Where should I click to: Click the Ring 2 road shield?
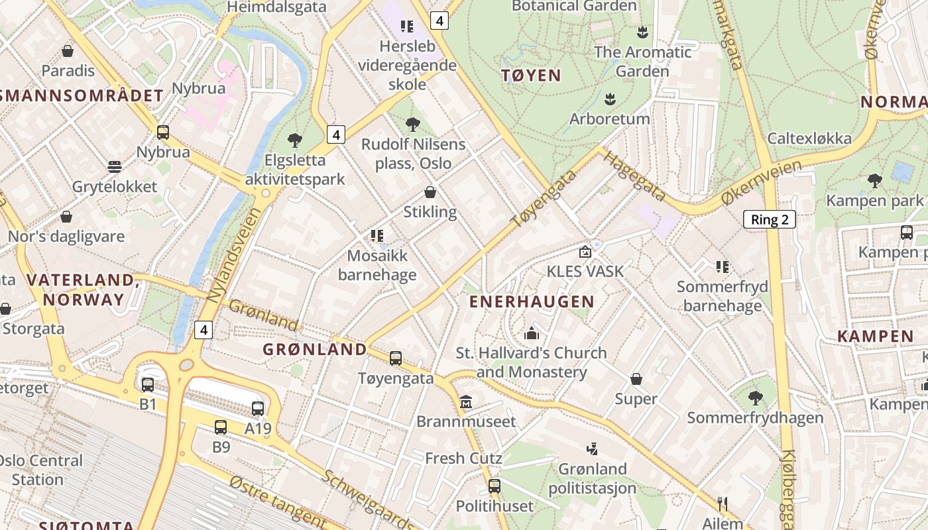tap(769, 219)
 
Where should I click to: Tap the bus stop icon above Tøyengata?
tap(396, 358)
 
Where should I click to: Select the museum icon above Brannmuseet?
tap(466, 402)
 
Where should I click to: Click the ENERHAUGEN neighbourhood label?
tap(532, 302)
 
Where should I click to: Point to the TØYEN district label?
tap(531, 76)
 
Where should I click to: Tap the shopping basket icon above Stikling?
tap(430, 193)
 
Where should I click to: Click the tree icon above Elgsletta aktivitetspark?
tap(295, 140)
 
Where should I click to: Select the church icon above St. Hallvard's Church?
tap(532, 333)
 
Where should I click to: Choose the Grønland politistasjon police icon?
tap(592, 449)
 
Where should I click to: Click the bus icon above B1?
tap(147, 384)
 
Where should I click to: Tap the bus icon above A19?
tap(258, 409)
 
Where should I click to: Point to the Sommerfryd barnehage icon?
tap(722, 267)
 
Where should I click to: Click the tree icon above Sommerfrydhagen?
tap(755, 398)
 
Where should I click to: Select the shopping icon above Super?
tap(636, 379)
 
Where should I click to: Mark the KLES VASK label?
tap(585, 271)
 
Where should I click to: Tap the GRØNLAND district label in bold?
tap(315, 349)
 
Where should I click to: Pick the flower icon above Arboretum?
tap(610, 99)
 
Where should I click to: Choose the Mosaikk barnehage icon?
tap(377, 236)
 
